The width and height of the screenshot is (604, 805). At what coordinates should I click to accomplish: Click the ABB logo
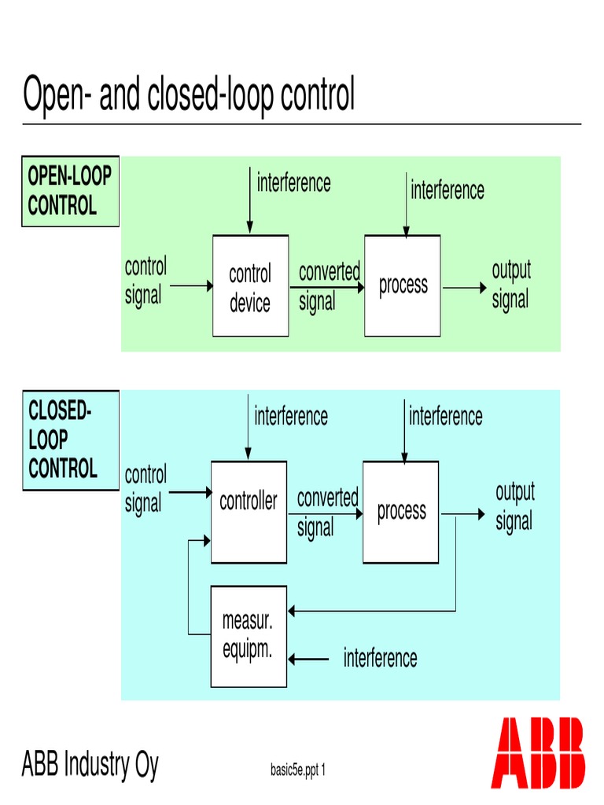pos(538,752)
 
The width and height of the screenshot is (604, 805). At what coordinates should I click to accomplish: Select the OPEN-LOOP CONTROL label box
pos(70,192)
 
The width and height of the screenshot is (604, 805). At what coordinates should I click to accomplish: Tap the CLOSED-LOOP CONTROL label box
pos(70,440)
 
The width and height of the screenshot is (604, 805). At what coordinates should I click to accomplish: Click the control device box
pos(250,286)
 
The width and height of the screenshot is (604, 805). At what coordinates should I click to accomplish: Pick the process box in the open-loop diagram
pos(402,286)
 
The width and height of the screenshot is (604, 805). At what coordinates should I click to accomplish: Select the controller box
pos(249,512)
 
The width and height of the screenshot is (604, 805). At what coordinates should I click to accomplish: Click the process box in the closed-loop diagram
pos(400,512)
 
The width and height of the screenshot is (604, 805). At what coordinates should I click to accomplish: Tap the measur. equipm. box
pos(248,636)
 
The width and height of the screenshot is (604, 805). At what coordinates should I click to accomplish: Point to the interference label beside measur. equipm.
pos(380,658)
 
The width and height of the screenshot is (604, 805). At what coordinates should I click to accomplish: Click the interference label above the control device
pos(293,183)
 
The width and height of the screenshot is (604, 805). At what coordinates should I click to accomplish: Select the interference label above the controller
pos(291,416)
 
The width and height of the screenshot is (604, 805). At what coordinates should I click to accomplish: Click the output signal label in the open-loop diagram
pos(511,285)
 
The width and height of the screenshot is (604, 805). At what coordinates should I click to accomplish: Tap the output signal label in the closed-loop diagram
pos(514,507)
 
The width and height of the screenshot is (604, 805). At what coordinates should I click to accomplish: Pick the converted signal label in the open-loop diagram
pos(329,286)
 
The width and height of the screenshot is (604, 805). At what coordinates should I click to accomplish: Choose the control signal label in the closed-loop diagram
pos(145,489)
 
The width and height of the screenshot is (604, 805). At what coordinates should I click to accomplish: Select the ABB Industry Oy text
pos(90,763)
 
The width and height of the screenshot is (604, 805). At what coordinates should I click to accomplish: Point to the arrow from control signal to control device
pos(191,287)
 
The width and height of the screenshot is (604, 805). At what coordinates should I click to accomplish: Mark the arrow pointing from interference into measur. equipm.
pos(309,659)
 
